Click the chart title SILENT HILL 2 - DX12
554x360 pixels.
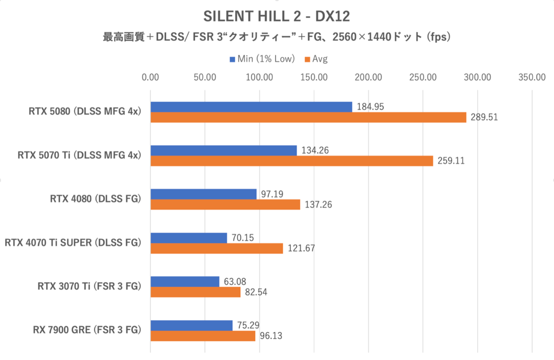[x=277, y=17]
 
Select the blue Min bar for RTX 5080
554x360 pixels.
[x=251, y=107]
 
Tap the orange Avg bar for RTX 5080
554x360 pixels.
[x=308, y=117]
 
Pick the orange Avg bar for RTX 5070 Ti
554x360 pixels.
[x=292, y=161]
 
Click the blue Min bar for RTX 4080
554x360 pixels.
[x=204, y=194]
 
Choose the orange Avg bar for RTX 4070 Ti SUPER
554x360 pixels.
[x=217, y=248]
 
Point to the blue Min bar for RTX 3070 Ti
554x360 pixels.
[x=185, y=281]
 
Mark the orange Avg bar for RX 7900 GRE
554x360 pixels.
[x=203, y=336]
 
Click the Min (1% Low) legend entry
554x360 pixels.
[x=262, y=59]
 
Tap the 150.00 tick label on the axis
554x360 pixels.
[x=314, y=77]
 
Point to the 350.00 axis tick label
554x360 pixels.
[x=532, y=77]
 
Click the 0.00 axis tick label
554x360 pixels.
[x=151, y=77]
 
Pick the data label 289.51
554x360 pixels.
[x=484, y=117]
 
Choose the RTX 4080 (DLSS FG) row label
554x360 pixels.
[x=95, y=199]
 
